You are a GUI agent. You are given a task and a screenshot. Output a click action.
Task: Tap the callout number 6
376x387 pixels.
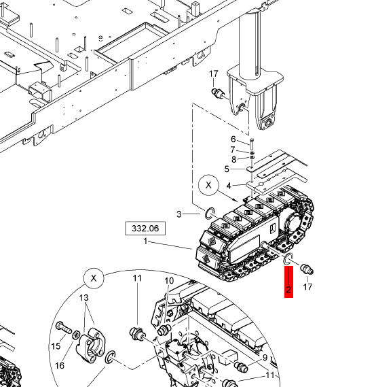point(233,139)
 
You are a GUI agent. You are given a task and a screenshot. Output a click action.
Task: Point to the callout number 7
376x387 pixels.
point(233,150)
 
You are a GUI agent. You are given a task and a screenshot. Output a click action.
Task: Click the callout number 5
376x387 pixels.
point(227,169)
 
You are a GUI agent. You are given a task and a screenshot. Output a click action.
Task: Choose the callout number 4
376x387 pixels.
point(229,185)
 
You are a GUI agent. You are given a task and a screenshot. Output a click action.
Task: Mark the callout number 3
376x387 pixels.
point(180,214)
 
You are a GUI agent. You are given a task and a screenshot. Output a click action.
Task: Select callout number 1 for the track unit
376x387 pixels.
point(145,241)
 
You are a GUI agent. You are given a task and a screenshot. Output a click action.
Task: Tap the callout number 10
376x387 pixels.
point(169,281)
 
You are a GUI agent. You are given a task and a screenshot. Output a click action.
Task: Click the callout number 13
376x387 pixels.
point(84,299)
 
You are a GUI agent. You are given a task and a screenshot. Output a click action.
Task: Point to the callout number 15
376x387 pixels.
point(56,346)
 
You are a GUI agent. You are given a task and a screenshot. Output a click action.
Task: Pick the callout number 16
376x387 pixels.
point(60,365)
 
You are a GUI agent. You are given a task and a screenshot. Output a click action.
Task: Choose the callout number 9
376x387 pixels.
point(264,357)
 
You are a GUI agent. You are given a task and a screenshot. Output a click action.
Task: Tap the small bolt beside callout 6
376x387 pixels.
point(251,144)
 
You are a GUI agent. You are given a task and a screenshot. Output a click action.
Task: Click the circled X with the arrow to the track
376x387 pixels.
point(209,185)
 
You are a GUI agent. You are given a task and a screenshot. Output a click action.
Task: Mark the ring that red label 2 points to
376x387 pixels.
point(288,259)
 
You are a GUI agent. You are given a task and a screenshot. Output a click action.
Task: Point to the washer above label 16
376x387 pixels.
point(76,335)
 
